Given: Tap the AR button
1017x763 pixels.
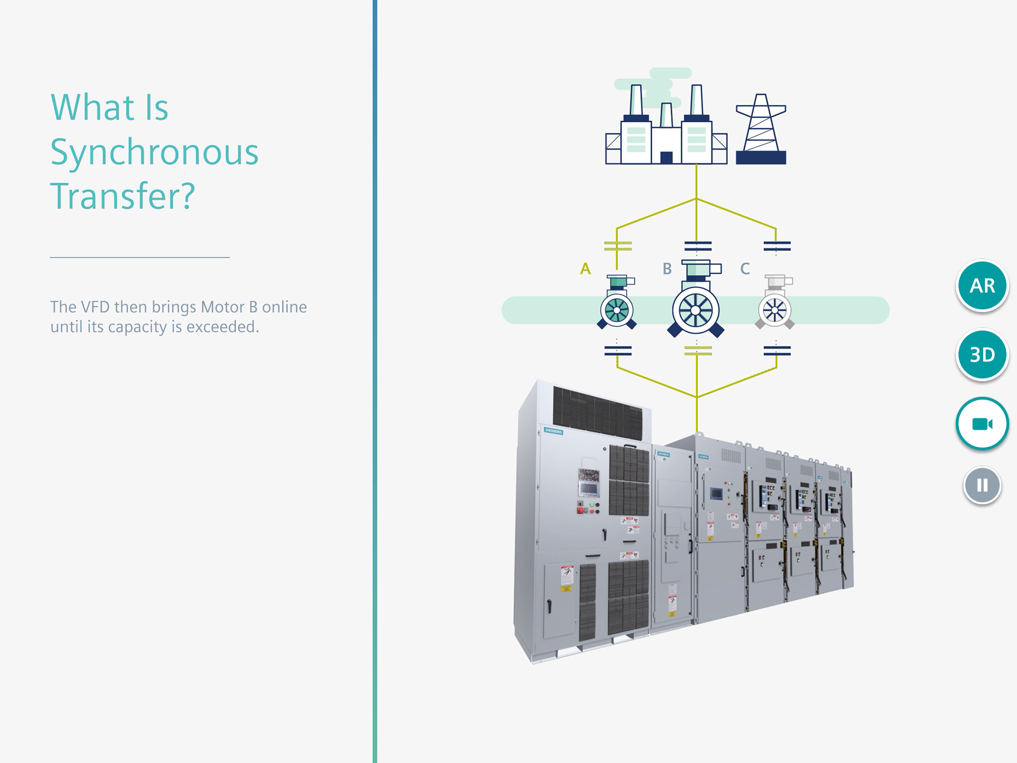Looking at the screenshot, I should [x=982, y=286].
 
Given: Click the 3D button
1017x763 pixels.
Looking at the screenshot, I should [x=982, y=354].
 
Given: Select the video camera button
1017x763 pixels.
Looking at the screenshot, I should [x=982, y=424].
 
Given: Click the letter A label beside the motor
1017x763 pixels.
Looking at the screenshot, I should [x=585, y=269].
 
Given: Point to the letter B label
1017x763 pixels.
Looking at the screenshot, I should [x=667, y=269].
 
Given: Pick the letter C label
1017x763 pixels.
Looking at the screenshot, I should [x=745, y=269].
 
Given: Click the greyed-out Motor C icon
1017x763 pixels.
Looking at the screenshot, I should [x=775, y=305].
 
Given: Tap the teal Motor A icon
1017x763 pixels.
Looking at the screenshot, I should [x=617, y=305].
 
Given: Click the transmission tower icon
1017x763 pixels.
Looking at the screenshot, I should [x=761, y=130].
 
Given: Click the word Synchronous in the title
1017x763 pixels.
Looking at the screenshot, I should [x=154, y=152].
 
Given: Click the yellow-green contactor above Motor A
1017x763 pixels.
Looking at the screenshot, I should [x=618, y=246].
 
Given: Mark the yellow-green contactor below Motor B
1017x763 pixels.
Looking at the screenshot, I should [x=698, y=350].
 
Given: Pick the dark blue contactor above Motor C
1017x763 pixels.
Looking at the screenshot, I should [x=777, y=246].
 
